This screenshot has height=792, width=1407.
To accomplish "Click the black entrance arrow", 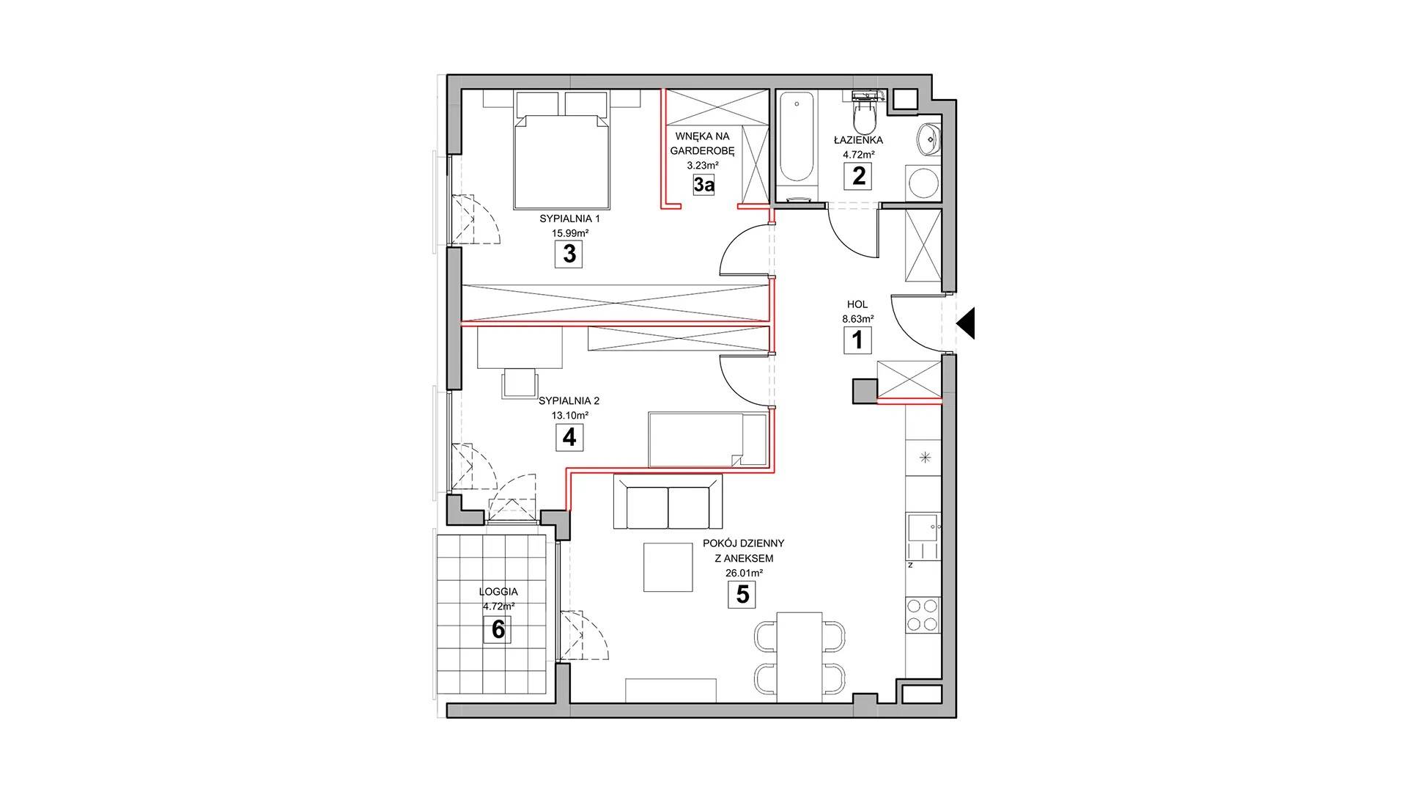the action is pos(966,323).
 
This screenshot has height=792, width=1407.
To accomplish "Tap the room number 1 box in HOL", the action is pos(857,340).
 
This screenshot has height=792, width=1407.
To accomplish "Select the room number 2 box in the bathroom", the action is pos(858,176).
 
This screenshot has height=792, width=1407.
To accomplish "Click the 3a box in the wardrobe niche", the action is pos(703,184).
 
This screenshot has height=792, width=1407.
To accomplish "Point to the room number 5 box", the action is pos(742,594).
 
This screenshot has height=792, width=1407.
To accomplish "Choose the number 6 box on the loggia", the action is pos(498,629).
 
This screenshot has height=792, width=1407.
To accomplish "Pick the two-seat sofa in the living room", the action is pos(668,502).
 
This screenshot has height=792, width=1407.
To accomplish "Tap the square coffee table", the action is pos(668,566).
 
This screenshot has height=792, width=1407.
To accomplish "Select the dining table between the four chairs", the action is pos(799,656).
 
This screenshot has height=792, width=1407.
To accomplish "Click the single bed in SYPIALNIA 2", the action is pos(707,439).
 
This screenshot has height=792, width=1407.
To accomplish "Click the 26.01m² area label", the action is pos(742,572).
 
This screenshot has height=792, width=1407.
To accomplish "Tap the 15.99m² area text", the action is pos(570,233).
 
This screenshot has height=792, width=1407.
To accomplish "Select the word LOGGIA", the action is pos(498,592).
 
